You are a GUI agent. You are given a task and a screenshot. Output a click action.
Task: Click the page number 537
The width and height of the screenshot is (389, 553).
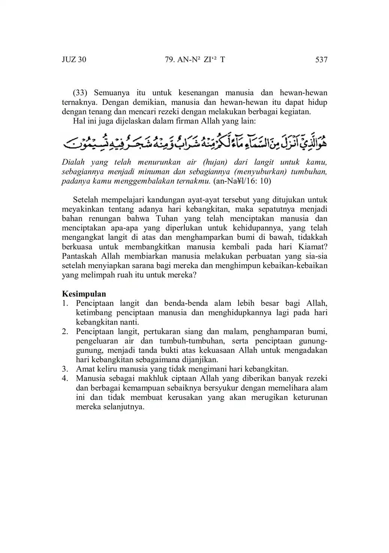pyautogui.click(x=321, y=60)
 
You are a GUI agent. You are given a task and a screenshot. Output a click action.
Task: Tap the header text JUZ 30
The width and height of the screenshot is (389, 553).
pyautogui.click(x=74, y=60)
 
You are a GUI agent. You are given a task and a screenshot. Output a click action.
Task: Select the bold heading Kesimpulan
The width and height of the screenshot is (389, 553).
pyautogui.click(x=84, y=294)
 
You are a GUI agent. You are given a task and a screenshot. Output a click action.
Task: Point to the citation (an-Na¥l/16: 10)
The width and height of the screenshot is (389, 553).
pyautogui.click(x=242, y=181)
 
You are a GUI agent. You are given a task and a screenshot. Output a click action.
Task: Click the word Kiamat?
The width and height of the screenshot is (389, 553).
pyautogui.click(x=313, y=247)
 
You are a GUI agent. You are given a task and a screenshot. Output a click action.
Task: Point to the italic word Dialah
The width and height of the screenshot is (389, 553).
pyautogui.click(x=73, y=162)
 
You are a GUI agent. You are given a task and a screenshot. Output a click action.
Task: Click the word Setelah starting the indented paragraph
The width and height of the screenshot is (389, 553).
pyautogui.click(x=86, y=200)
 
